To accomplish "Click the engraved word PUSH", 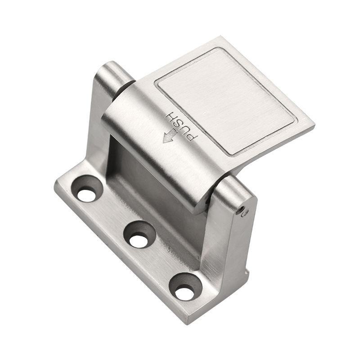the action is pyautogui.click(x=181, y=126).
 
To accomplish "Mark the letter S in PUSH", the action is pyautogui.click(x=179, y=124).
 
